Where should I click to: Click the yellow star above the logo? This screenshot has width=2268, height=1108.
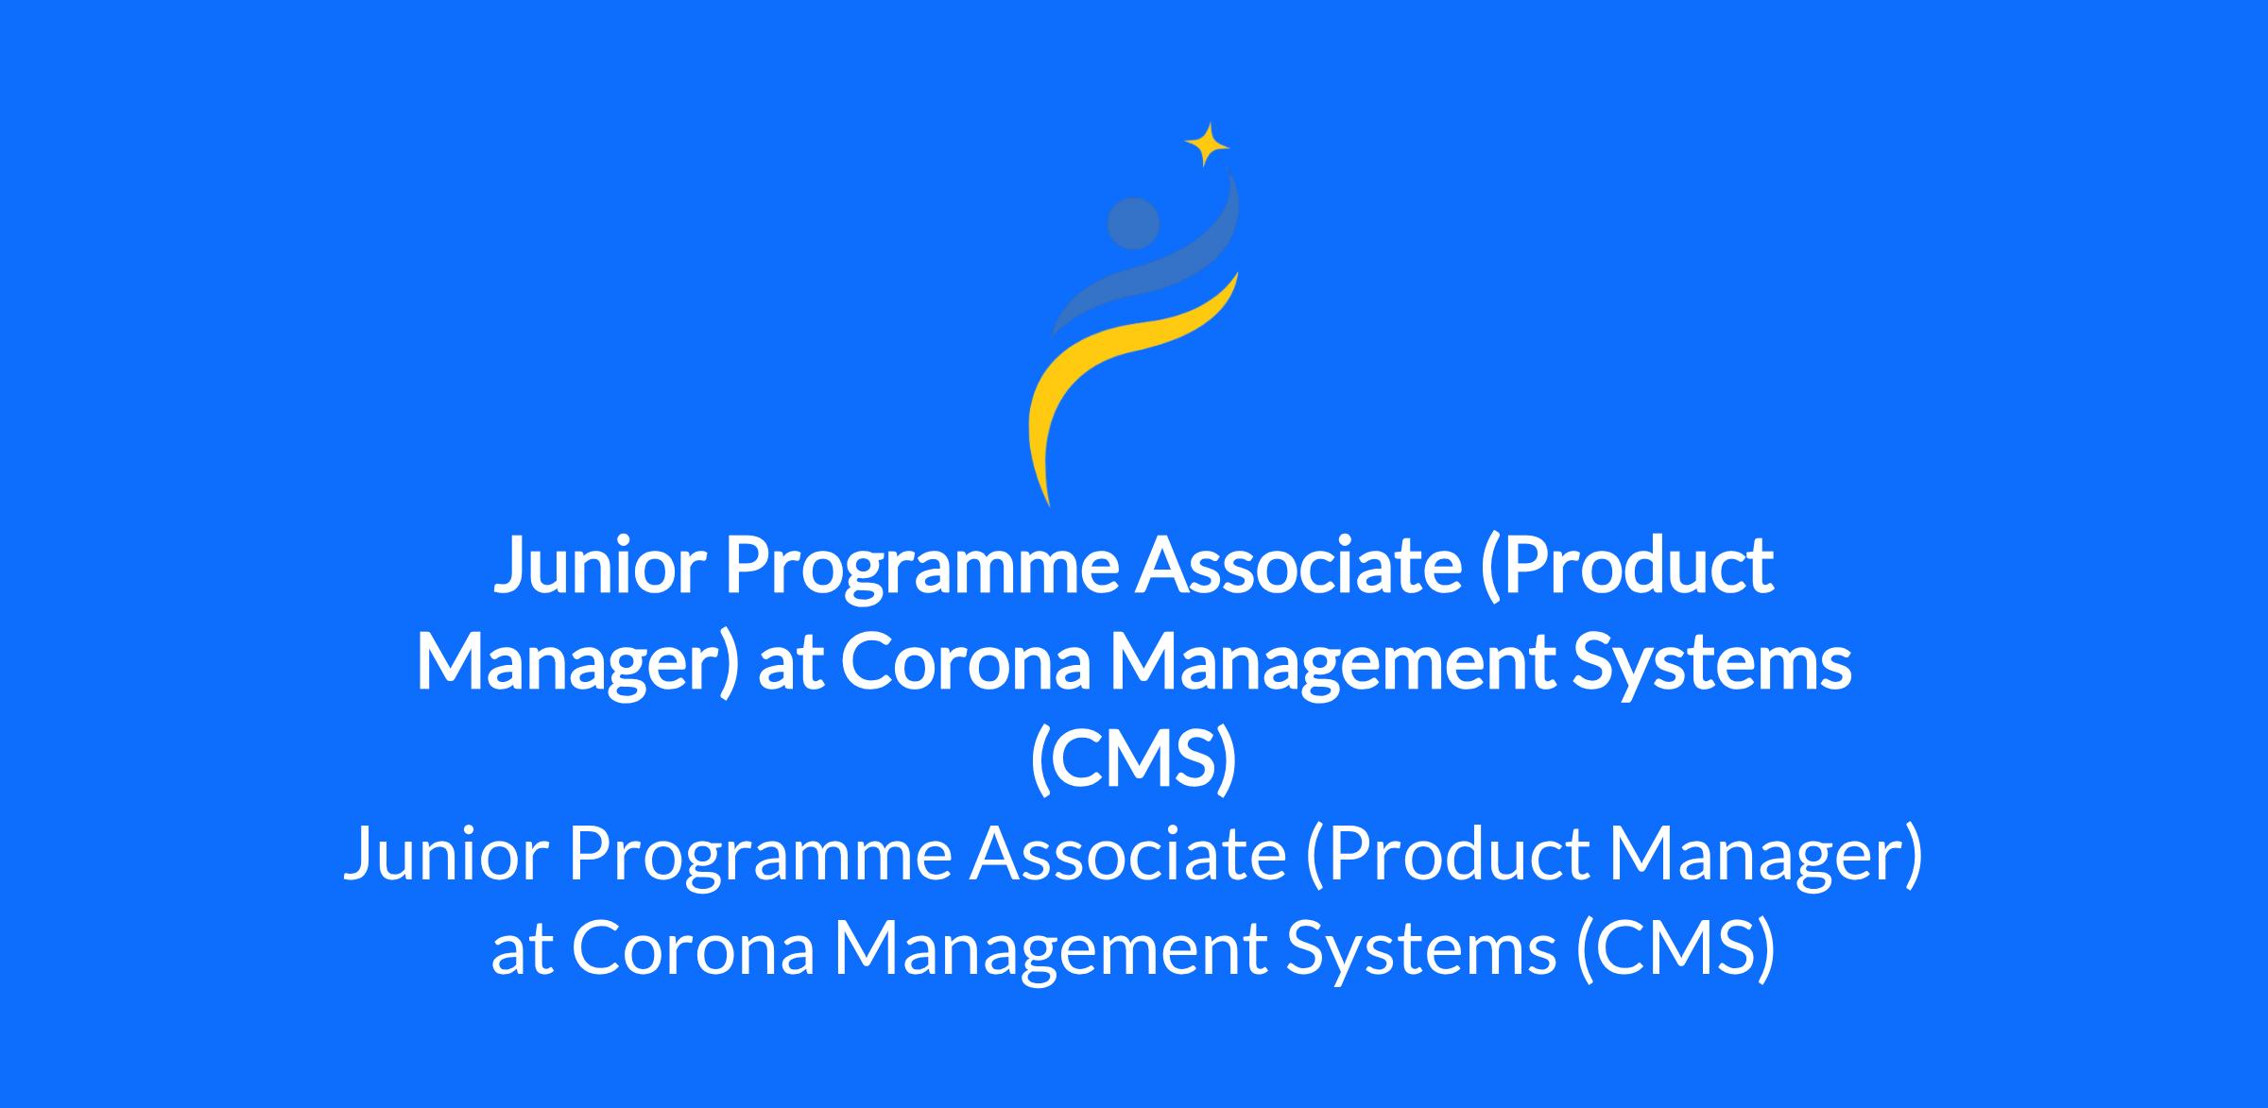1207,145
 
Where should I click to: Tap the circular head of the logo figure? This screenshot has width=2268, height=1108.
1133,224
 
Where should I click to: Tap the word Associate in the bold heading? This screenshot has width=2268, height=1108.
1299,566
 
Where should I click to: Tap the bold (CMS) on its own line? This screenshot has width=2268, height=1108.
1133,761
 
